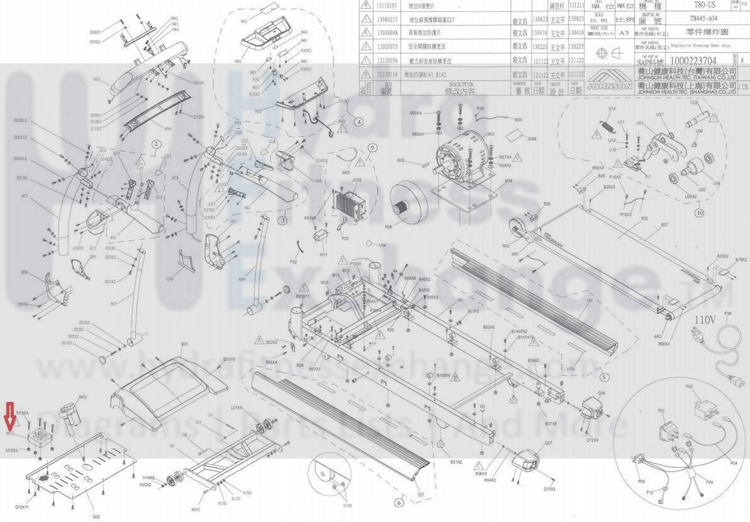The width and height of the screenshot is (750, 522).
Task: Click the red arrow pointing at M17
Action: [9, 415]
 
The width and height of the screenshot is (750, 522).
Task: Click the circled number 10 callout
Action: [699, 213]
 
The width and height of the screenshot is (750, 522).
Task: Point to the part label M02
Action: [82, 397]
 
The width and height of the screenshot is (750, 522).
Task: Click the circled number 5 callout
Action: [604, 377]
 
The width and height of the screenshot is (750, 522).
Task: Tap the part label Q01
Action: [184, 344]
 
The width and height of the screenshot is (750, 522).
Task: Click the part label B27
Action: [664, 225]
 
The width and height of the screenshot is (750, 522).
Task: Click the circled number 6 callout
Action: [398, 502]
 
